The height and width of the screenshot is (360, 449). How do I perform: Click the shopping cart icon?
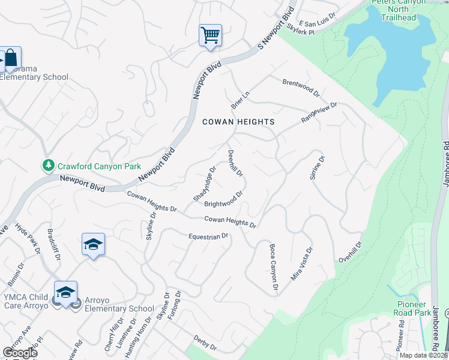(211, 35)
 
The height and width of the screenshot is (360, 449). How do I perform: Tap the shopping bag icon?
(11, 58)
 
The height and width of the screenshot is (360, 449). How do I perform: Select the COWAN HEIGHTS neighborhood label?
(238, 122)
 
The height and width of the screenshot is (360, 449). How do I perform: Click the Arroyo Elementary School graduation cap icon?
(65, 292)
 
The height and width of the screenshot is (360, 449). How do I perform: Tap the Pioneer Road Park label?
(411, 308)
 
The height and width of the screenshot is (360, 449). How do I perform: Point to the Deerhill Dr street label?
(235, 163)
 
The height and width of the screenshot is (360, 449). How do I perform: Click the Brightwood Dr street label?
(224, 199)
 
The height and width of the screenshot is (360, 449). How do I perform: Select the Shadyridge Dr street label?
(203, 184)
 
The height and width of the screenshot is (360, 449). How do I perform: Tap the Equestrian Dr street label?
(208, 236)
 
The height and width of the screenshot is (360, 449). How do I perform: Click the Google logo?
(19, 353)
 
